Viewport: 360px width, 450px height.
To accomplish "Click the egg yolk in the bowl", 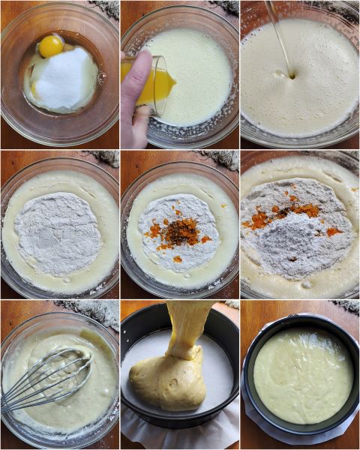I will click(50, 46).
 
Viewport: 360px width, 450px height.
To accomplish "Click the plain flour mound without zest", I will click(58, 232).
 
